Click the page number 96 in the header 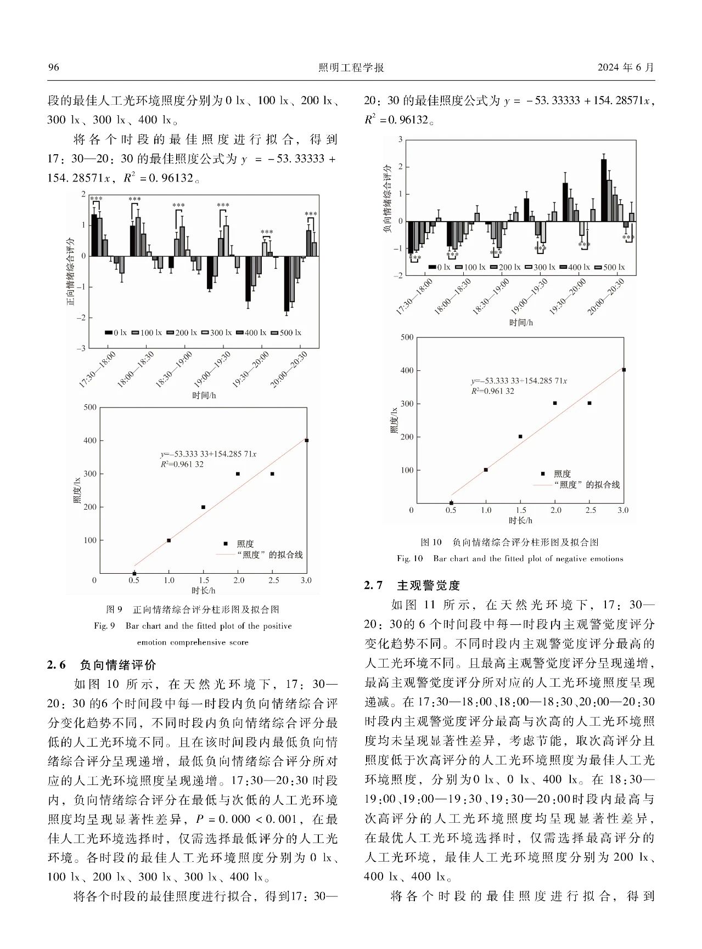53,67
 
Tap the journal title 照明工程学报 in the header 351,67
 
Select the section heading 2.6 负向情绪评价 102,665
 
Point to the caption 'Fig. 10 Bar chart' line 510,558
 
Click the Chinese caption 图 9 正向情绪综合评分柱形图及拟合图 193,609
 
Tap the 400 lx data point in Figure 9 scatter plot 307,440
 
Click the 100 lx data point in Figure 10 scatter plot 486,470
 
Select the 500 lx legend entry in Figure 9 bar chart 286,332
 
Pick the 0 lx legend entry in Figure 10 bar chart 439,267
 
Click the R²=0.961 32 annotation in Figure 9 182,464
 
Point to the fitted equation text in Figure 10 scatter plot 519,381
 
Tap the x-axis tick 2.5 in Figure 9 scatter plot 273,580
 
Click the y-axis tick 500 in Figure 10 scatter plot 407,337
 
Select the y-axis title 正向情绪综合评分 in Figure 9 70,272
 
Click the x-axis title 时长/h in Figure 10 520,520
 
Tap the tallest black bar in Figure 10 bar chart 604,190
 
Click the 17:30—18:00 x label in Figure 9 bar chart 98,370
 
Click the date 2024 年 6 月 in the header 626,67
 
